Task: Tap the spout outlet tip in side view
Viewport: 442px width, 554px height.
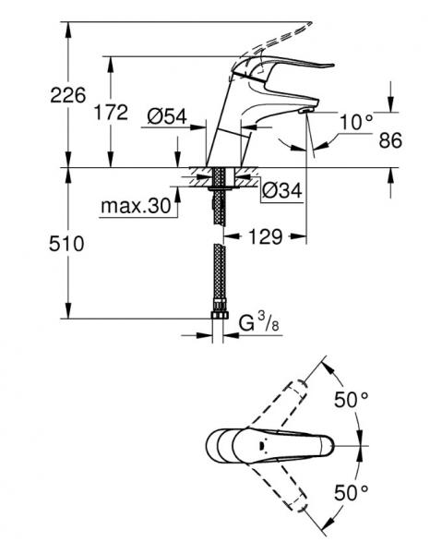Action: pyautogui.click(x=305, y=112)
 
